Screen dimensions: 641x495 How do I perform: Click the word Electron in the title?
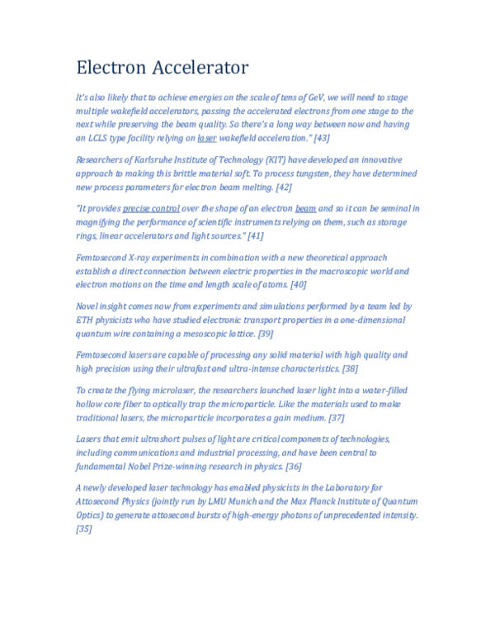(109, 67)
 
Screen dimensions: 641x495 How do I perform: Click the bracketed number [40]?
(298, 284)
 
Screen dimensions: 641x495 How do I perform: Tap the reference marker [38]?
(350, 368)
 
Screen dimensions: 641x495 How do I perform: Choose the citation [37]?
(336, 417)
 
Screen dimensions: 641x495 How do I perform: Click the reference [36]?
(293, 466)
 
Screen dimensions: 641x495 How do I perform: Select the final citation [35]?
(83, 528)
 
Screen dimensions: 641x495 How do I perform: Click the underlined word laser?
(206, 138)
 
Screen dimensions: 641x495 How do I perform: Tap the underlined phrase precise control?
(151, 209)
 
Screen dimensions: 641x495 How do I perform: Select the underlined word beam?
(305, 209)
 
